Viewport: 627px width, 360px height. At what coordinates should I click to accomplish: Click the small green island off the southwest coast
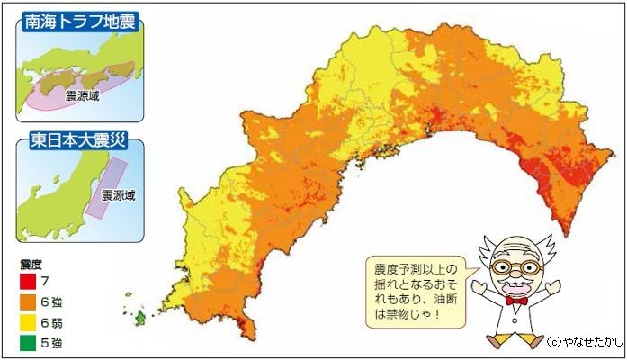141,318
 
